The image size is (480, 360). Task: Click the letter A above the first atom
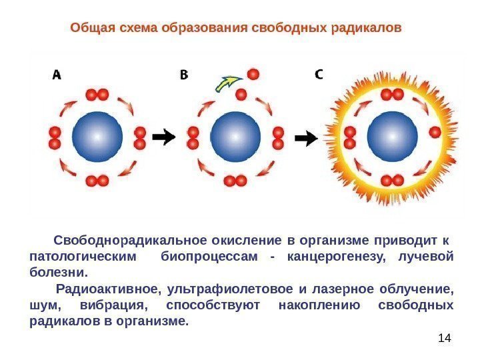coord(57,75)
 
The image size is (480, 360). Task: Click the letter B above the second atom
coord(184,75)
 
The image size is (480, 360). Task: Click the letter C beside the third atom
coord(319,74)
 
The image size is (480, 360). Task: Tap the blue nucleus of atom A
coord(97,137)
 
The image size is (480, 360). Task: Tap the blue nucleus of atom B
coord(235,137)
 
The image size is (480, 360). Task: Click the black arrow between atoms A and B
coord(163,137)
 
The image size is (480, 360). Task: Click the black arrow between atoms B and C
coord(306,138)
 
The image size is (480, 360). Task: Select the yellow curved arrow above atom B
coord(227,84)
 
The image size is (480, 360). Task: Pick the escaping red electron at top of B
coord(253,73)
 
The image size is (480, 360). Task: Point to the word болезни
coord(59,273)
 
